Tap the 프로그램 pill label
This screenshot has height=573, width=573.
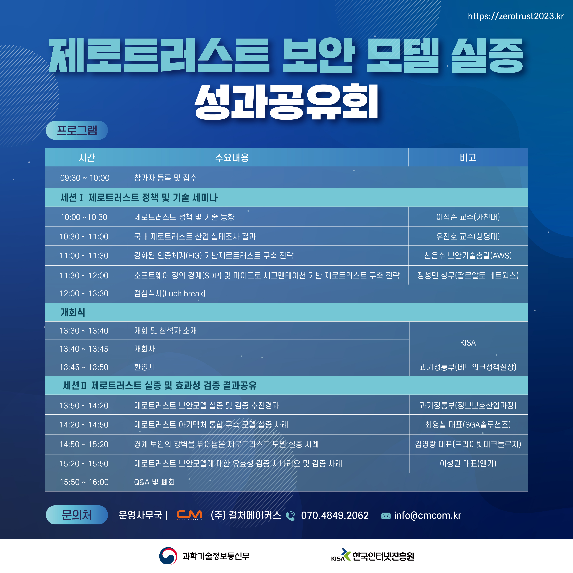click(77, 130)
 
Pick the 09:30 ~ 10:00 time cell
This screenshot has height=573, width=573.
click(85, 178)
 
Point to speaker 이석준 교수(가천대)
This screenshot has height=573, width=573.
click(468, 217)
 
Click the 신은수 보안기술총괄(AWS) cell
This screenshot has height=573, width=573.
click(468, 256)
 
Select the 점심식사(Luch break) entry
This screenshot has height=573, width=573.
click(170, 294)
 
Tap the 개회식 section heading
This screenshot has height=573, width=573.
click(73, 312)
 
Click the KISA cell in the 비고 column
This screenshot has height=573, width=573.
click(468, 343)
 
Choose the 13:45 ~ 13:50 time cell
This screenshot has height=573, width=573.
click(84, 367)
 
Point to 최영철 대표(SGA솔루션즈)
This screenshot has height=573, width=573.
click(468, 425)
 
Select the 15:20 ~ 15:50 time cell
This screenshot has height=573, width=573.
click(84, 464)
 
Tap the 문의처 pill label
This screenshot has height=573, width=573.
click(77, 515)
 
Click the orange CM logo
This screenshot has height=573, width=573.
click(189, 515)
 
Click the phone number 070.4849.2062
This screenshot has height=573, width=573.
click(335, 515)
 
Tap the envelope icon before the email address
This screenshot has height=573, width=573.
click(386, 516)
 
